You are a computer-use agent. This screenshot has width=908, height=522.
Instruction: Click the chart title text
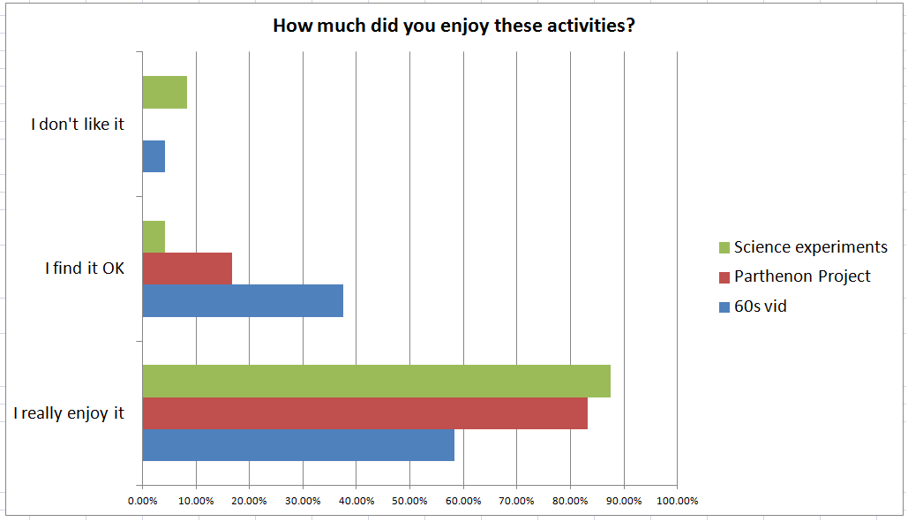[x=454, y=26]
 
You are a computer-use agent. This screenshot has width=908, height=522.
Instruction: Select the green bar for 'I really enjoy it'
[x=376, y=381]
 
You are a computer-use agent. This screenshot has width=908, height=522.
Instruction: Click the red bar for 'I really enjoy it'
[x=364, y=412]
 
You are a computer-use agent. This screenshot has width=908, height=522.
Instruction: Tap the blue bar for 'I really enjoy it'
[x=298, y=444]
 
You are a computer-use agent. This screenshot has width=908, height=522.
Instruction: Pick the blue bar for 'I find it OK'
[x=243, y=300]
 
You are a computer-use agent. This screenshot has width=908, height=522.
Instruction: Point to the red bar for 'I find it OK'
[x=187, y=269]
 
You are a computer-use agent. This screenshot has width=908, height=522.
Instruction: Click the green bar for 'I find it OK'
[x=154, y=237]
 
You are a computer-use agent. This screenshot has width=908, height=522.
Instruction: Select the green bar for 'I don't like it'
[x=164, y=92]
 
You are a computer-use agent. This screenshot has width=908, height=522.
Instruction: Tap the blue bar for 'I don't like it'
[x=154, y=156]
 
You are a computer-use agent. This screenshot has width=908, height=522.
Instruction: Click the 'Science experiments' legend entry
[x=810, y=247]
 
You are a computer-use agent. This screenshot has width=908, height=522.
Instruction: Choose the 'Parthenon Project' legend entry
[x=801, y=276]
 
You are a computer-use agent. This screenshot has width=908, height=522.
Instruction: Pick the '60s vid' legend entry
[x=760, y=306]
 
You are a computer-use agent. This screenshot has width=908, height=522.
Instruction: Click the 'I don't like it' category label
[x=78, y=125]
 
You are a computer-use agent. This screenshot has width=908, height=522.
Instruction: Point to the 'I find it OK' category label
[x=85, y=269]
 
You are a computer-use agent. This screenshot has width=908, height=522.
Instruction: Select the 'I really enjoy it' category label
[x=69, y=412]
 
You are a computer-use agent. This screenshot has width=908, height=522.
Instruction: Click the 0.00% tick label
[x=142, y=501]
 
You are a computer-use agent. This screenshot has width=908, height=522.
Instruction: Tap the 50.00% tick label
[x=409, y=501]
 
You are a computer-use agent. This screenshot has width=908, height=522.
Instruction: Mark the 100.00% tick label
[x=677, y=501]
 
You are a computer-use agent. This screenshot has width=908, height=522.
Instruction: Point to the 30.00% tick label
[x=303, y=501]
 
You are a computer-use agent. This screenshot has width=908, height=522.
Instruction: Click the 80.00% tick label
[x=570, y=501]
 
